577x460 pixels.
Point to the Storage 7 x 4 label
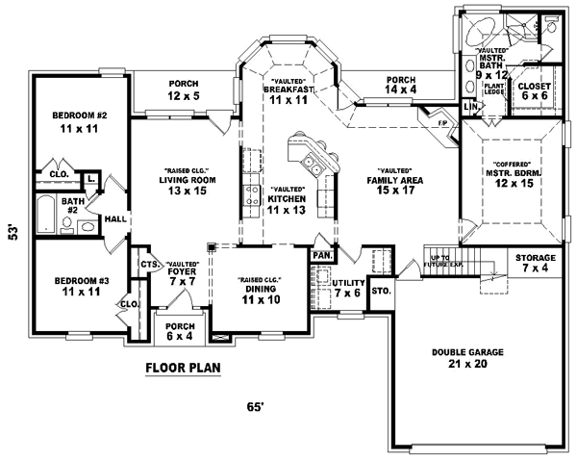[x=536, y=263]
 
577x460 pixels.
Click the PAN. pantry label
[x=320, y=255]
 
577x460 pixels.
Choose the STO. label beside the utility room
[x=380, y=289]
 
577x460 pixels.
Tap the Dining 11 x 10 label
[x=259, y=291]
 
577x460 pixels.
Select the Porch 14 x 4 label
[x=400, y=85]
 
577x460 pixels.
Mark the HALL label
[x=114, y=219]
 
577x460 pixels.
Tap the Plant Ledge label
[x=494, y=89]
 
